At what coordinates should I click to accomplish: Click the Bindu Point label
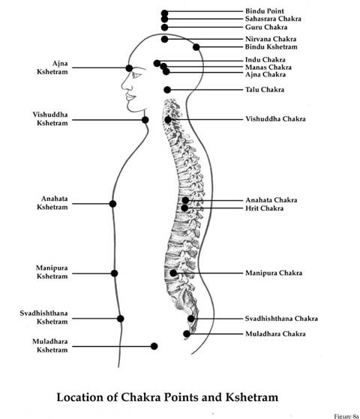coord(265,11)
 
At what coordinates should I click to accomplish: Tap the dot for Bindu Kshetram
coord(196,47)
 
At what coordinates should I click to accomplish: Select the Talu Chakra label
coord(265,89)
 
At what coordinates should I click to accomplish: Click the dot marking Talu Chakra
coord(167,90)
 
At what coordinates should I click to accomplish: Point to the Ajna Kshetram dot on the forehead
coord(129,68)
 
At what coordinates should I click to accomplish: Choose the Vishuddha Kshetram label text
coord(50,118)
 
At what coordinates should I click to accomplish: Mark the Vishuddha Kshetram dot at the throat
coord(145,120)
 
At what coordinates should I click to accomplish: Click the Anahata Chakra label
coord(271,200)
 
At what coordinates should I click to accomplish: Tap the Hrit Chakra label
coord(264,208)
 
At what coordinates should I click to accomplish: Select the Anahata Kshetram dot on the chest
coord(112,204)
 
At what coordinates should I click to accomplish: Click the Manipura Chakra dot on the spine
coord(173,273)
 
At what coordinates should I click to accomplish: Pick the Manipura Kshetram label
coord(52,272)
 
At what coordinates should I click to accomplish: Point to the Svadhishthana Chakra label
coord(281,319)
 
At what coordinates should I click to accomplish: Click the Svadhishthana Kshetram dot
coord(120,319)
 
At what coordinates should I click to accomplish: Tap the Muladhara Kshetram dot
coord(154,346)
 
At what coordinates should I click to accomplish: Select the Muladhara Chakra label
coord(275,334)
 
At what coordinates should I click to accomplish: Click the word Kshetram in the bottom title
coord(252,397)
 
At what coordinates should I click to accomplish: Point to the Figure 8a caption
coord(346,416)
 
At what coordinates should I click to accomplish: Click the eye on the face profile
coord(136,74)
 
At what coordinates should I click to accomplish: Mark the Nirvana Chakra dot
coord(165,39)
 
